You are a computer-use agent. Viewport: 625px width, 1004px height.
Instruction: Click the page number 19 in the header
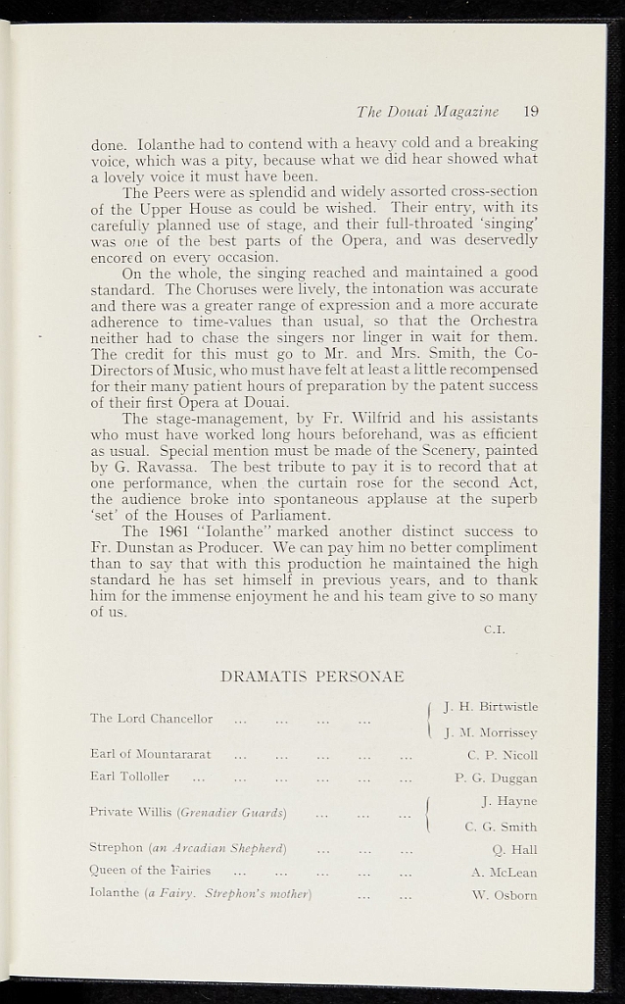[530, 111]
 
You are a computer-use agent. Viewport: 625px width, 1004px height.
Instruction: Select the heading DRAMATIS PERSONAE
[312, 677]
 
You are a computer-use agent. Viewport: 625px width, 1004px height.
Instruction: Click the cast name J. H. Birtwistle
[490, 706]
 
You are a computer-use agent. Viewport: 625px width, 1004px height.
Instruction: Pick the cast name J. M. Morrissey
[491, 732]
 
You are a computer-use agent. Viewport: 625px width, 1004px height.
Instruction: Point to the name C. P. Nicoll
[503, 755]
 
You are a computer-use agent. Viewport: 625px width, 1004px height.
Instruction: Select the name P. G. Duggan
[497, 778]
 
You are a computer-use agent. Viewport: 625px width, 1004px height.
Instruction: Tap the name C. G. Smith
[501, 827]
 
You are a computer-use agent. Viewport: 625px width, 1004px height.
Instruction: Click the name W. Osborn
[505, 894]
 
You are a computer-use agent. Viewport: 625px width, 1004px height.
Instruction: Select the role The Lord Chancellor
[151, 719]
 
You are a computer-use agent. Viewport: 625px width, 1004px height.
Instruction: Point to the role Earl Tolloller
[129, 777]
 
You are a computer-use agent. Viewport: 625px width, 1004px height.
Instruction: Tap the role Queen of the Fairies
[150, 871]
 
